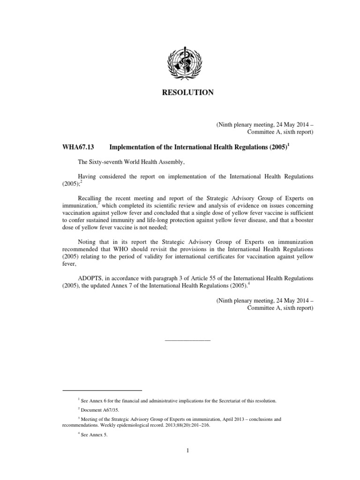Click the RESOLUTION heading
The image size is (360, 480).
pos(187,93)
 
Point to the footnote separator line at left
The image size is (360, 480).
pos(102,390)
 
